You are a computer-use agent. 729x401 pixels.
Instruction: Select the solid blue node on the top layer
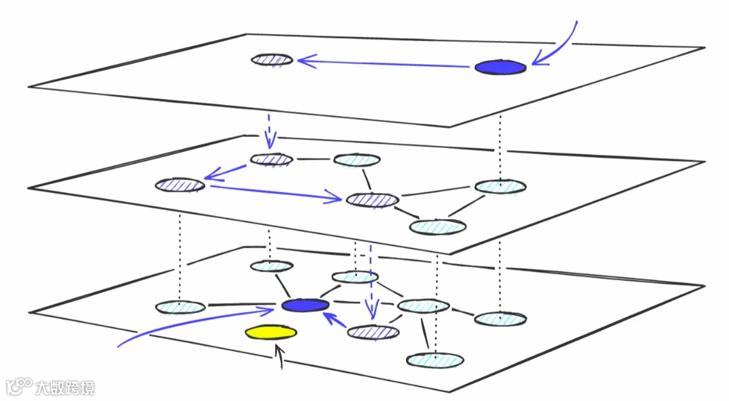tap(500, 67)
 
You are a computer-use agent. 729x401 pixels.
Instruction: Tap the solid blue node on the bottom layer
tap(305, 306)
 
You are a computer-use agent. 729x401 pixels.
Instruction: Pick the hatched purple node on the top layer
tap(272, 59)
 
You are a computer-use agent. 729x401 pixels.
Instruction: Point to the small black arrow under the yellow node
tap(279, 356)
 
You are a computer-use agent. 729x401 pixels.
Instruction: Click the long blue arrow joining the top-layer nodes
tap(386, 64)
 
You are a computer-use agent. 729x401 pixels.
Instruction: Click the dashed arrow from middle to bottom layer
tap(371, 280)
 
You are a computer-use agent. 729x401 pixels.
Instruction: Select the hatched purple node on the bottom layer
tap(373, 332)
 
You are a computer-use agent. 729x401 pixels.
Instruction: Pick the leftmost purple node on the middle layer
tap(180, 184)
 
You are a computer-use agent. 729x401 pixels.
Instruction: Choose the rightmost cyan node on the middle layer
tap(500, 186)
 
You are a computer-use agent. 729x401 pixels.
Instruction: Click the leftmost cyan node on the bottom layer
tap(180, 308)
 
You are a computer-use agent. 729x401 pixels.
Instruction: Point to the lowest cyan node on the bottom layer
tap(435, 359)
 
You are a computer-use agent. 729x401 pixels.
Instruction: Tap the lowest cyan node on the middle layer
tap(437, 226)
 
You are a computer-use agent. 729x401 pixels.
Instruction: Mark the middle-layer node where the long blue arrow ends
tap(371, 200)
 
